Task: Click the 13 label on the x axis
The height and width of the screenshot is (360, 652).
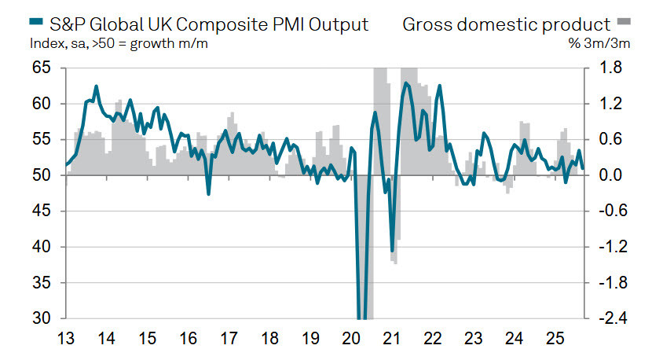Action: pyautogui.click(x=65, y=340)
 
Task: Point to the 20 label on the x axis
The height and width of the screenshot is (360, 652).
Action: pyautogui.click(x=351, y=340)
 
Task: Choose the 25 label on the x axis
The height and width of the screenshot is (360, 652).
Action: pyautogui.click(x=555, y=340)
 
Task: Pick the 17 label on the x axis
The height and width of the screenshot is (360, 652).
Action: pyautogui.click(x=229, y=340)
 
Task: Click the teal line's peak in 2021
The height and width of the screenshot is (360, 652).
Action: pyautogui.click(x=406, y=83)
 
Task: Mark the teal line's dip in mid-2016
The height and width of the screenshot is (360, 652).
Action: pyautogui.click(x=208, y=193)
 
